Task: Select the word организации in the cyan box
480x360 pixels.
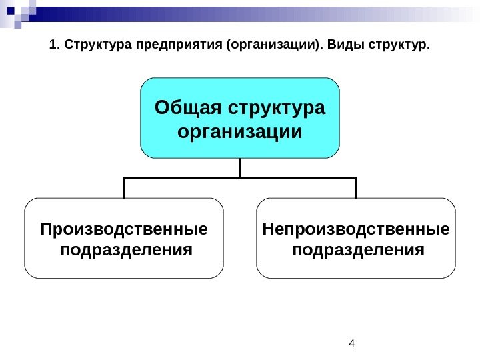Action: click(x=240, y=131)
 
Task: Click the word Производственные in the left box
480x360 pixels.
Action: click(x=124, y=229)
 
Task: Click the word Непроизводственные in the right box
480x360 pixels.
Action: click(x=356, y=229)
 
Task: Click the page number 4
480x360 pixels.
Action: click(x=352, y=344)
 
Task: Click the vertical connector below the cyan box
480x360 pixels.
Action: click(x=240, y=168)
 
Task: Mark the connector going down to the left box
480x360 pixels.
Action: click(x=124, y=188)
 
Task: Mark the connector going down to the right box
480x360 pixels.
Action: click(x=356, y=188)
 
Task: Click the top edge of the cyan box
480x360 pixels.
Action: click(x=240, y=78)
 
